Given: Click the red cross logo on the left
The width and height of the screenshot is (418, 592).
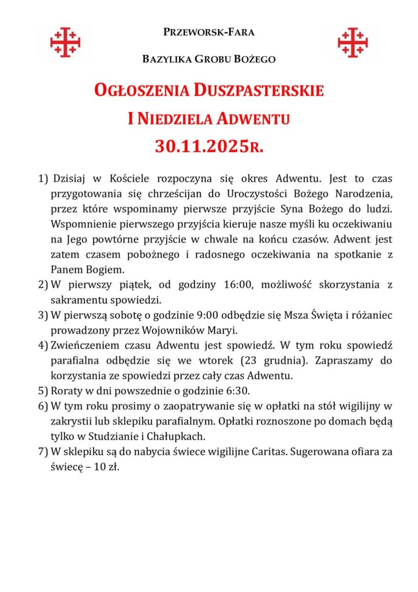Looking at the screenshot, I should (65, 42).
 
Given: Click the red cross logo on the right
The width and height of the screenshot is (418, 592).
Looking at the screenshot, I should (352, 42).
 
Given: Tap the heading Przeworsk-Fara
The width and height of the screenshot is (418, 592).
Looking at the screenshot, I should (209, 32).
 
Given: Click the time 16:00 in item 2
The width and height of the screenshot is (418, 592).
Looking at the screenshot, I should (240, 284).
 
